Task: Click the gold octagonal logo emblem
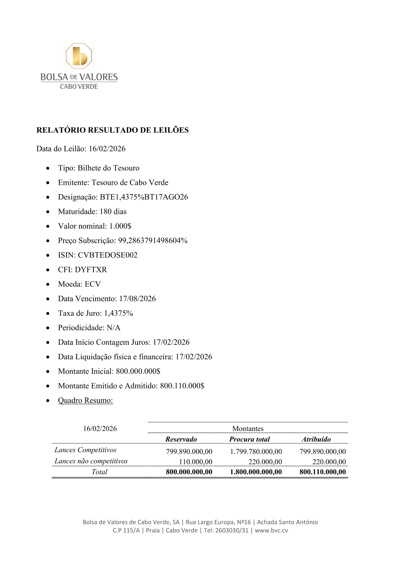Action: point(79,56)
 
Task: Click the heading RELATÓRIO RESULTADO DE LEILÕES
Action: point(112,130)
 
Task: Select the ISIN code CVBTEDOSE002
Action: point(107,255)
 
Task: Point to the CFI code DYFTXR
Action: point(91,269)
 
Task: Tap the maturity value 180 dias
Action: point(113,211)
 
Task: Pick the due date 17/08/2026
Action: point(137,299)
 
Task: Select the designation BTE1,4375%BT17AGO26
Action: point(144,197)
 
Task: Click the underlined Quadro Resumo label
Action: point(85,400)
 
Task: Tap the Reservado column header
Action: point(181,439)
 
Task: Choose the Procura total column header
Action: point(249,439)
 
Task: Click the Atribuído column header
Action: point(316,439)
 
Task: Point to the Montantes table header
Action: point(248,429)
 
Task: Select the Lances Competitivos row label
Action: point(85,450)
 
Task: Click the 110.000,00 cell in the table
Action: point(196,462)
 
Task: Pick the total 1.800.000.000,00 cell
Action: point(256,472)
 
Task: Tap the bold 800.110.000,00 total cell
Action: point(322,472)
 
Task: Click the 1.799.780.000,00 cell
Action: point(256,452)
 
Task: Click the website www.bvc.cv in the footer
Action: point(271,530)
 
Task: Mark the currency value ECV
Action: point(93,284)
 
